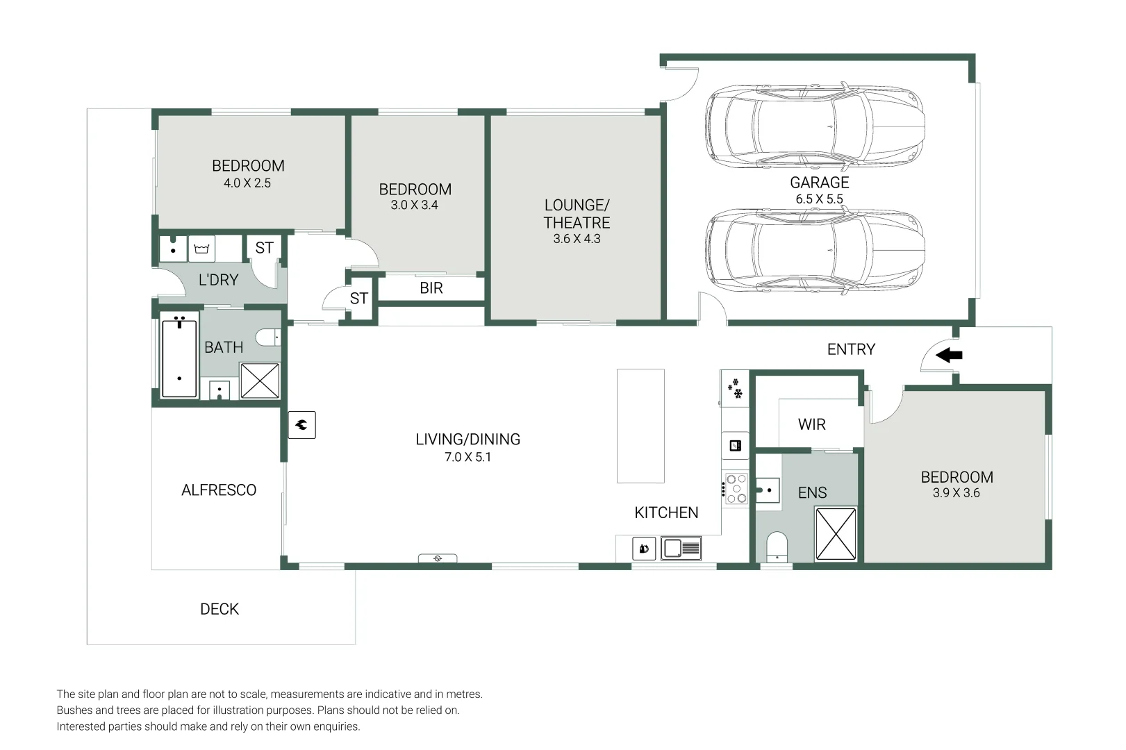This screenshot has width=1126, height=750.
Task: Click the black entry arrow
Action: point(949,356)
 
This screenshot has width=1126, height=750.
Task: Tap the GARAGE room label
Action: point(819,183)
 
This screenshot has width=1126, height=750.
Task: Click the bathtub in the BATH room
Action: point(179,358)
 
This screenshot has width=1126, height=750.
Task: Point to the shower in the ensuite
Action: point(836,534)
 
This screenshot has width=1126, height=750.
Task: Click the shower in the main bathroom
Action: point(260,381)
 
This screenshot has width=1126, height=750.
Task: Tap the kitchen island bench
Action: point(640,426)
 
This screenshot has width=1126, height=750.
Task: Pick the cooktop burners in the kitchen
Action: point(736,488)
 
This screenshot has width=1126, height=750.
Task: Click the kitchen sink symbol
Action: point(681,549)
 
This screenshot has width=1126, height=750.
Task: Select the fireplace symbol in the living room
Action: point(302,425)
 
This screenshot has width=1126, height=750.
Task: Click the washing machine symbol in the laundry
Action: point(201,249)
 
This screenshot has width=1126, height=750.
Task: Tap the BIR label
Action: point(431,288)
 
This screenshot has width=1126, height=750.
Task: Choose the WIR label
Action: point(811,424)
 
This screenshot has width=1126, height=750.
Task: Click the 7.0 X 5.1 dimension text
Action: point(467,457)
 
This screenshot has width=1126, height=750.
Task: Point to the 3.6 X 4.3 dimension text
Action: point(577,239)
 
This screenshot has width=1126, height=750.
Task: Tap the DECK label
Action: point(220,609)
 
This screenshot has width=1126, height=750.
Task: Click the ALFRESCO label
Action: point(219,490)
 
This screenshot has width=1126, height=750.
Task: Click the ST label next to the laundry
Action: point(264,248)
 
